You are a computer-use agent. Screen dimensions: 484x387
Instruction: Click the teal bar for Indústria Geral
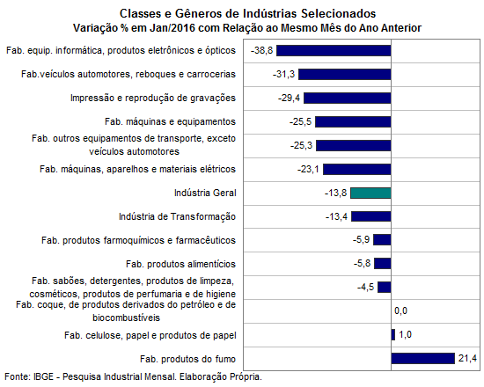(370, 193)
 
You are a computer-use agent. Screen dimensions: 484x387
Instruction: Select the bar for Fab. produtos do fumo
(423, 359)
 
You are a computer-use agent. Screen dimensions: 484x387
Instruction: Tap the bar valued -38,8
(334, 51)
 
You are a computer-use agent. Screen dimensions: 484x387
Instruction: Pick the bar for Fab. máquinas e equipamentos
(353, 122)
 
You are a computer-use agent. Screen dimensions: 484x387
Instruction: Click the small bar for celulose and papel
(393, 335)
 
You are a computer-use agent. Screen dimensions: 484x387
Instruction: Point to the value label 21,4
(467, 359)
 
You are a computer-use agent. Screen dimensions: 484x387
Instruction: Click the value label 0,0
(400, 310)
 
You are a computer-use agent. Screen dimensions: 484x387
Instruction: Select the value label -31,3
(283, 75)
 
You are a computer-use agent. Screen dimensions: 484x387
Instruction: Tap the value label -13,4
(336, 216)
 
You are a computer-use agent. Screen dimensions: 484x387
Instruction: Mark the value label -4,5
(366, 288)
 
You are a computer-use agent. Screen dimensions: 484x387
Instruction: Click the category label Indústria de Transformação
(177, 216)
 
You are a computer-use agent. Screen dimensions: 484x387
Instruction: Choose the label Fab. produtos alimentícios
(180, 264)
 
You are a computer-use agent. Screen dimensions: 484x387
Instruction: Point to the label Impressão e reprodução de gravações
(153, 99)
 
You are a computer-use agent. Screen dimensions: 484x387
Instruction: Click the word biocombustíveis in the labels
(126, 318)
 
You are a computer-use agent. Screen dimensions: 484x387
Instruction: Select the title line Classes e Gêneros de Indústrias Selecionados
(247, 13)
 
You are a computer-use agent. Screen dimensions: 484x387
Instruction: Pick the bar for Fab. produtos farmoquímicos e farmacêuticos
(382, 240)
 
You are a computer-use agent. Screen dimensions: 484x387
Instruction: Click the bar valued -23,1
(357, 170)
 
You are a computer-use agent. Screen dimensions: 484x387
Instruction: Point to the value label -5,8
(362, 264)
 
